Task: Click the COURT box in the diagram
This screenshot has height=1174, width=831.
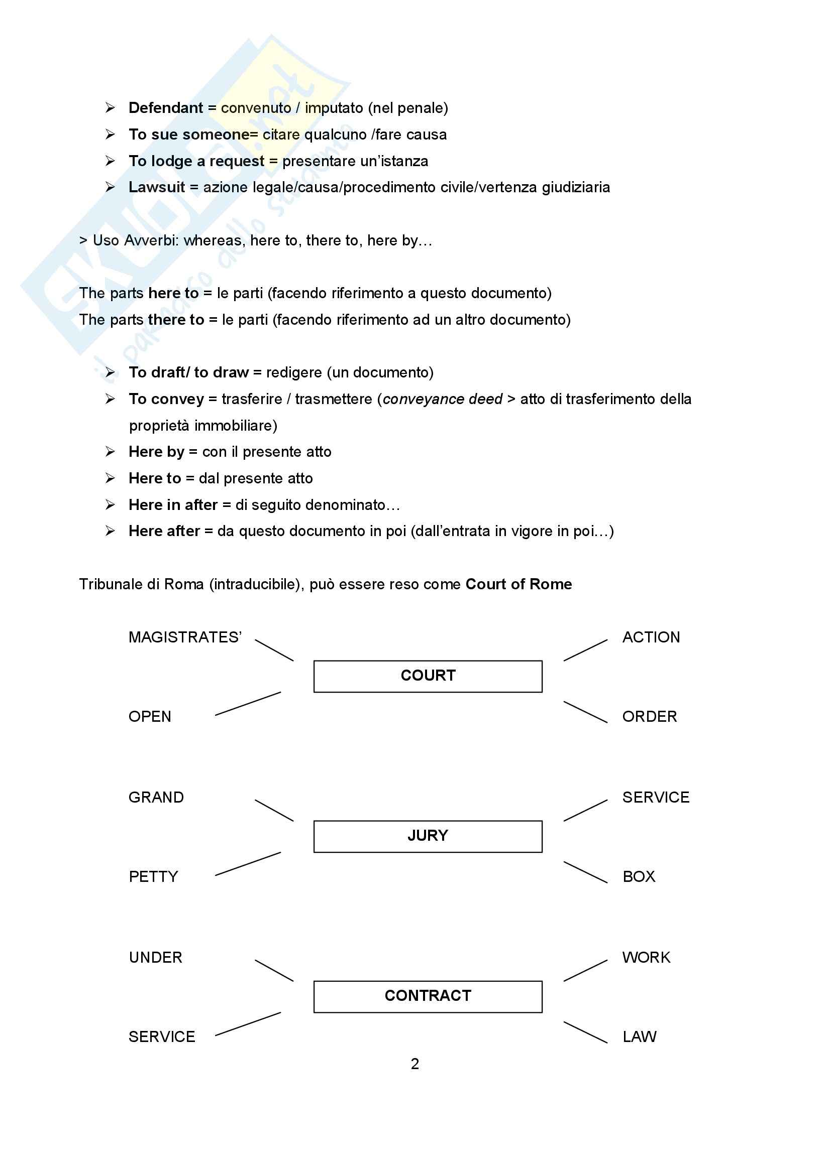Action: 428,676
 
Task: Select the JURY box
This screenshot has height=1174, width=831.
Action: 428,836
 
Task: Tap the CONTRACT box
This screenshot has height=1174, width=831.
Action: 428,996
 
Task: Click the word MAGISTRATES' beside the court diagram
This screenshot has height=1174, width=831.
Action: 185,637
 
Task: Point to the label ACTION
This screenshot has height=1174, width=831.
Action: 651,637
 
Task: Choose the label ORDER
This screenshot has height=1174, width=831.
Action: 649,716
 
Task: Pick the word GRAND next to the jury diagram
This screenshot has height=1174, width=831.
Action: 156,797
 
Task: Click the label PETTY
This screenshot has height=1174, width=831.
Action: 153,876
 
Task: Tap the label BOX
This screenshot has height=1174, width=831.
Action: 639,876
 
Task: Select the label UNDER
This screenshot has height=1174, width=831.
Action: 156,957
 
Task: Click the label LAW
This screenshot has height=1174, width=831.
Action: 639,1036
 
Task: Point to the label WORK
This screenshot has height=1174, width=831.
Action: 646,957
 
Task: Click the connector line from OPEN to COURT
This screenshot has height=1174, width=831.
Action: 248,704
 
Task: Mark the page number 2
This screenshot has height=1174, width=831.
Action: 415,1064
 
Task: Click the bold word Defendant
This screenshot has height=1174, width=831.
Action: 166,108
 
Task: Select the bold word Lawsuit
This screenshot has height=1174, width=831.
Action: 157,187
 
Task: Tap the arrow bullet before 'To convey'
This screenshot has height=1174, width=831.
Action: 110,399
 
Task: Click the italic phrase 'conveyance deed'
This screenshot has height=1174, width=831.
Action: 443,399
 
